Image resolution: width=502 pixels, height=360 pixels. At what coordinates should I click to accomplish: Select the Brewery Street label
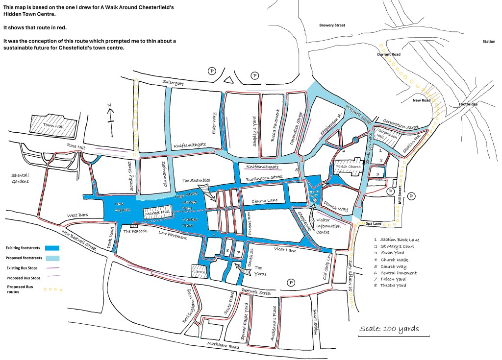point(332,25)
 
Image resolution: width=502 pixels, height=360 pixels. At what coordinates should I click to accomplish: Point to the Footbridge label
point(468,104)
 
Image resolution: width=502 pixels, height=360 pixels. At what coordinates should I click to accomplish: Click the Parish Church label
point(348,167)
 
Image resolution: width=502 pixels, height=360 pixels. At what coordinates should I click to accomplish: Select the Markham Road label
point(223,346)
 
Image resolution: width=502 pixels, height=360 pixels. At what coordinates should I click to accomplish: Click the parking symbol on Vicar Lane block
point(291,283)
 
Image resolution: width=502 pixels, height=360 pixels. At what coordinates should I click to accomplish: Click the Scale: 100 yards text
point(389,329)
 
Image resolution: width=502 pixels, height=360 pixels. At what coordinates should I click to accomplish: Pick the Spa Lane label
point(375,223)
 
